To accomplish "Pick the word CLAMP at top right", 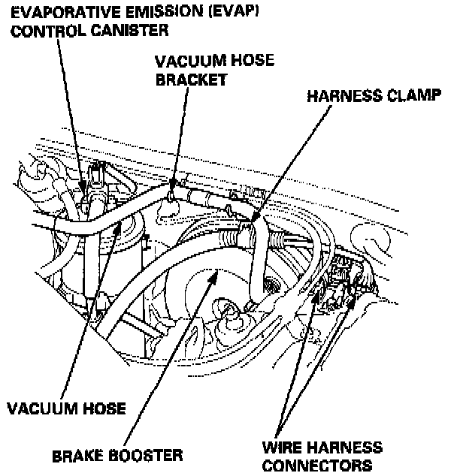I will [x=401, y=96].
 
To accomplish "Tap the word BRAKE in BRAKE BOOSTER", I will [x=78, y=455].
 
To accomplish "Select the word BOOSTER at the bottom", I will [x=147, y=455].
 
